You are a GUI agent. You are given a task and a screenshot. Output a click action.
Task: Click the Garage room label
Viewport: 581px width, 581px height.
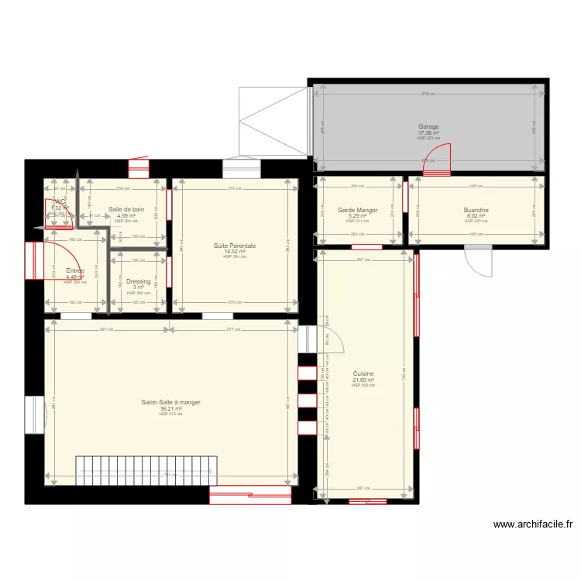coord(428,126)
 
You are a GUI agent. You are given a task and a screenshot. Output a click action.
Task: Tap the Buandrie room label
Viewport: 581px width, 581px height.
coord(476,210)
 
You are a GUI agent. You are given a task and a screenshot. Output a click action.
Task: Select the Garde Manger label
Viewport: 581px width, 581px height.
coord(357,210)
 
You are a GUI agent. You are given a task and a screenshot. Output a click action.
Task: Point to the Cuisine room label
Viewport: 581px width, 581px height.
coord(363,373)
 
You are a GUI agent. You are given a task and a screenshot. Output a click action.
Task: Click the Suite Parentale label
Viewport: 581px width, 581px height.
coord(235,246)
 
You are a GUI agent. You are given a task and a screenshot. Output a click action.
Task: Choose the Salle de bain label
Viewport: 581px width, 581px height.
coord(126,209)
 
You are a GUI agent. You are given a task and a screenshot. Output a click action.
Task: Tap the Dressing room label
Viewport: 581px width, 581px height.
coord(138,282)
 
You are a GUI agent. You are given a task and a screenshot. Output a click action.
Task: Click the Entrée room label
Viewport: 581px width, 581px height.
coord(75,271)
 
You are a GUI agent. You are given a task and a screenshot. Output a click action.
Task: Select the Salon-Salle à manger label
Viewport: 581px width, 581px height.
coord(170,402)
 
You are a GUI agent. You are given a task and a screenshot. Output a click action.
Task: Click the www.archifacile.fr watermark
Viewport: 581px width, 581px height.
coord(533,524)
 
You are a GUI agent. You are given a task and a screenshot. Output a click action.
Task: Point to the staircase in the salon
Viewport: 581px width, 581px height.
coord(146,470)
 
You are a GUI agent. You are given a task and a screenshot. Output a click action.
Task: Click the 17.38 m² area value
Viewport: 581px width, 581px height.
coord(428,132)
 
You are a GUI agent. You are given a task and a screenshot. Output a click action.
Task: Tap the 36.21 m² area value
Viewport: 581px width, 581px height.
coord(170,408)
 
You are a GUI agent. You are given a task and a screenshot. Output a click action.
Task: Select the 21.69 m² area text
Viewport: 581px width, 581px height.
coord(363,380)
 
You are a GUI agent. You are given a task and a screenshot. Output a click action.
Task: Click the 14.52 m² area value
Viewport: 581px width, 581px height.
coord(235,251)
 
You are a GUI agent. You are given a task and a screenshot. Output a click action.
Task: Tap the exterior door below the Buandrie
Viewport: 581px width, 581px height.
coord(478,262)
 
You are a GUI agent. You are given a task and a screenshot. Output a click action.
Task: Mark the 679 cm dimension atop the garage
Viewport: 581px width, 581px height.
coord(428,95)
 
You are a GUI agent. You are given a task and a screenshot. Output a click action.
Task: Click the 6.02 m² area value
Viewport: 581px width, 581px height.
coord(476,216)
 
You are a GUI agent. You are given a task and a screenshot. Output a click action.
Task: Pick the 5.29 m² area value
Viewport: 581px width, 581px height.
coord(357,216)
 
